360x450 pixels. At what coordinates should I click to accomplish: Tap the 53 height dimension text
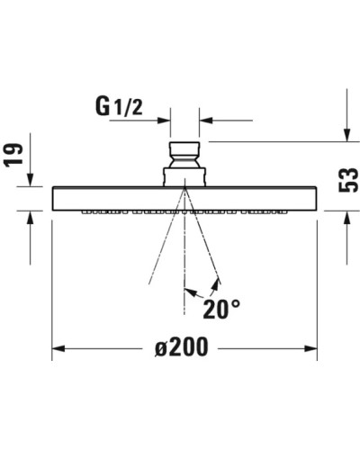(346, 185)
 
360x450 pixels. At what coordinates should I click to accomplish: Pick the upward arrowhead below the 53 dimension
(346, 219)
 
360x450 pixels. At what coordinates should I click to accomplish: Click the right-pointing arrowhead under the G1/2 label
(164, 119)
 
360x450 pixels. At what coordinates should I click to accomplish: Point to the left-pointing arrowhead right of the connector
(206, 119)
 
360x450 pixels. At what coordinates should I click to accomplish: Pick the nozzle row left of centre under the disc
(126, 213)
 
